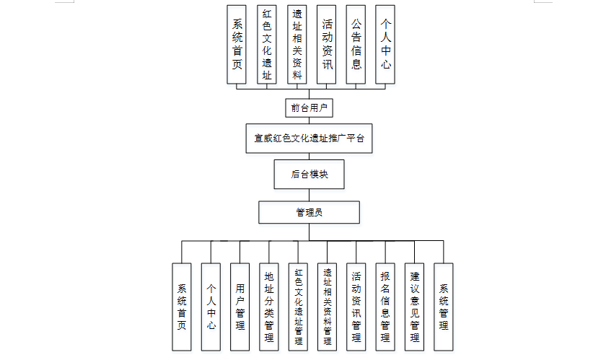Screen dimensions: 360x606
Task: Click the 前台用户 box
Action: pos(309,107)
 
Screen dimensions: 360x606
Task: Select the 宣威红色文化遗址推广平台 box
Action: pos(309,139)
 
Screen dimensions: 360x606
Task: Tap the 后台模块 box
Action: pos(309,174)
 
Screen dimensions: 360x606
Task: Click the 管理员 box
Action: pos(309,212)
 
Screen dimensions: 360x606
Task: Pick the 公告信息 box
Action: pos(356,44)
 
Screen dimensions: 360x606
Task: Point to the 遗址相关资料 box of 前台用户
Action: pos(297,44)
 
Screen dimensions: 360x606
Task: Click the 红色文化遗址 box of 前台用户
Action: pos(267,44)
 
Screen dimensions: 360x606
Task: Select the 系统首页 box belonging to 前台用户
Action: pos(237,44)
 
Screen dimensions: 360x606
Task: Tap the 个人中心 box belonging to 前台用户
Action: pos(386,44)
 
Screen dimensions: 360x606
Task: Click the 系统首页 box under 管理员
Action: pos(182,307)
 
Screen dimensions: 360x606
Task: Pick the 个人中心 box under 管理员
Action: pos(211,307)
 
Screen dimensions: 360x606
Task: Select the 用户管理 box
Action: pos(240,307)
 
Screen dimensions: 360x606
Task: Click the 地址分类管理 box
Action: pos(269,307)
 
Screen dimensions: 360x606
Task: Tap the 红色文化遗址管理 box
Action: pos(298,307)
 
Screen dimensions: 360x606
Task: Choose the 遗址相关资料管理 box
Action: pos(327,307)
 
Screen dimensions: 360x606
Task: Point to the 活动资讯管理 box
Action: pos(356,307)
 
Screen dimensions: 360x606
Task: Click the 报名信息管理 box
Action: pos(385,307)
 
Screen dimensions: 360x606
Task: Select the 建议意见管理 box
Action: pos(414,307)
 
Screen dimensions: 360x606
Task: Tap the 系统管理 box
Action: pos(444,307)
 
